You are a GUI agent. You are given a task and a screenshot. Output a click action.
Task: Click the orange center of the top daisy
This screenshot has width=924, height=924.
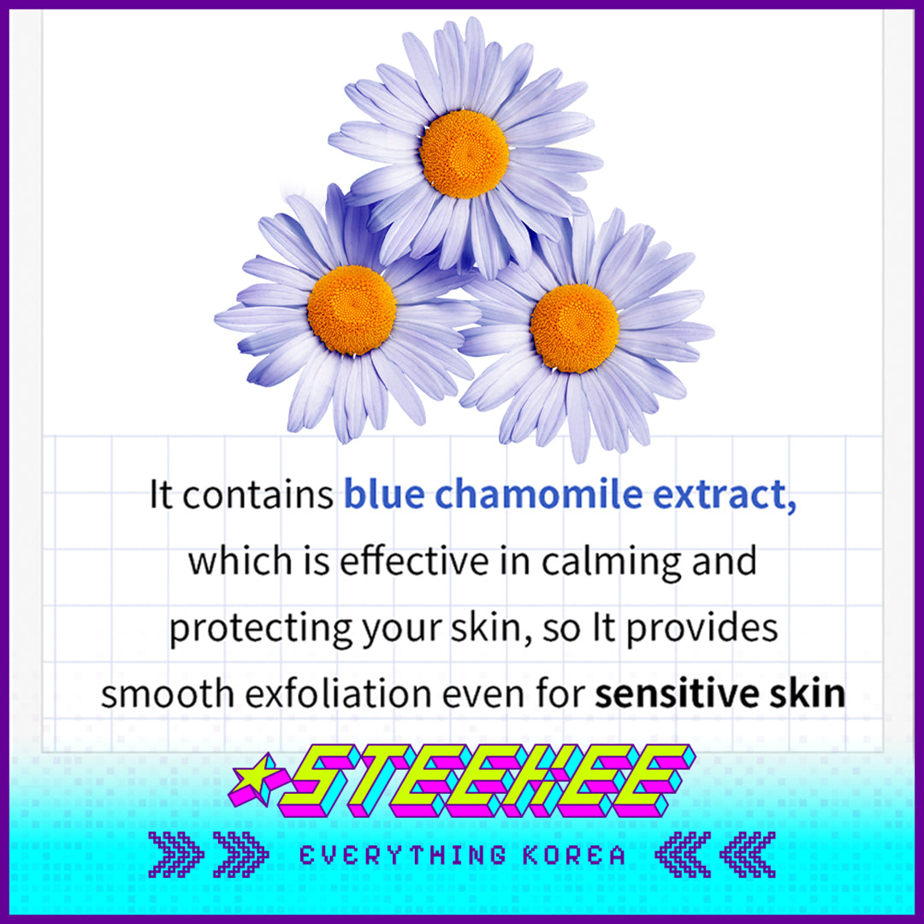(465, 154)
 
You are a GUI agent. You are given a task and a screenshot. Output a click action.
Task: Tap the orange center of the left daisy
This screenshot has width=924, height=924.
(352, 310)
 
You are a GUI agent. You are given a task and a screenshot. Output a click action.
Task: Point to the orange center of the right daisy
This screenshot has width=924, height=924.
(575, 329)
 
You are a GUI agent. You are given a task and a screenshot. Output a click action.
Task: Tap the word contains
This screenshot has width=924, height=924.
(258, 495)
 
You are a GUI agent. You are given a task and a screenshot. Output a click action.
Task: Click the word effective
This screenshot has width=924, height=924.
(414, 560)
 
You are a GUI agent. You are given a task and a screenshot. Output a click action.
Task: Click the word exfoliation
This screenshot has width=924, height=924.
(339, 694)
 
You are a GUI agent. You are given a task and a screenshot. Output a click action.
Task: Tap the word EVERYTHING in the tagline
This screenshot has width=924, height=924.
(403, 855)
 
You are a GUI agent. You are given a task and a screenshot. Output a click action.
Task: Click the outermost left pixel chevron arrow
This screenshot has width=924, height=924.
(176, 855)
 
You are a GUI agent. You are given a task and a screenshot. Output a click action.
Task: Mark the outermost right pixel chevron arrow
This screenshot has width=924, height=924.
(747, 855)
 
